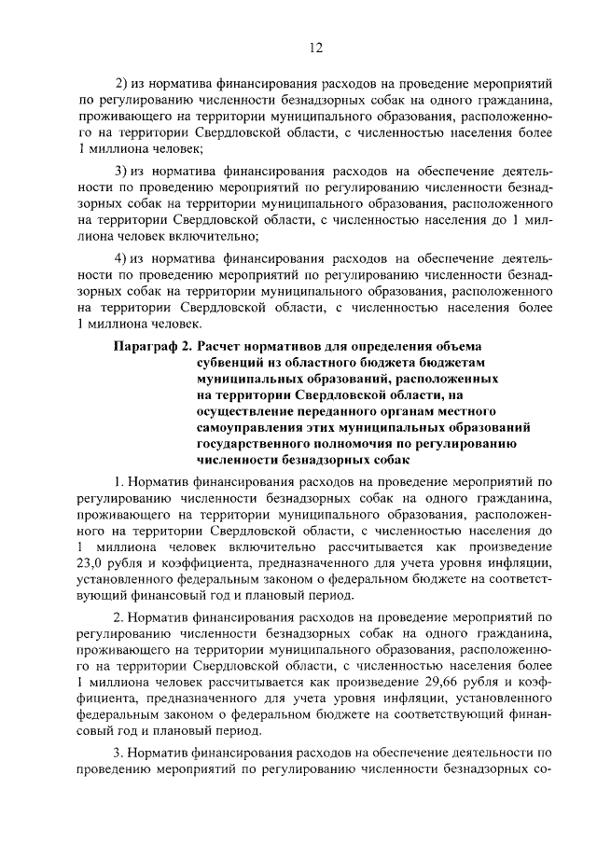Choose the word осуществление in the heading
pyautogui.click(x=244, y=411)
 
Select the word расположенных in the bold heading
pyautogui.click(x=448, y=380)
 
